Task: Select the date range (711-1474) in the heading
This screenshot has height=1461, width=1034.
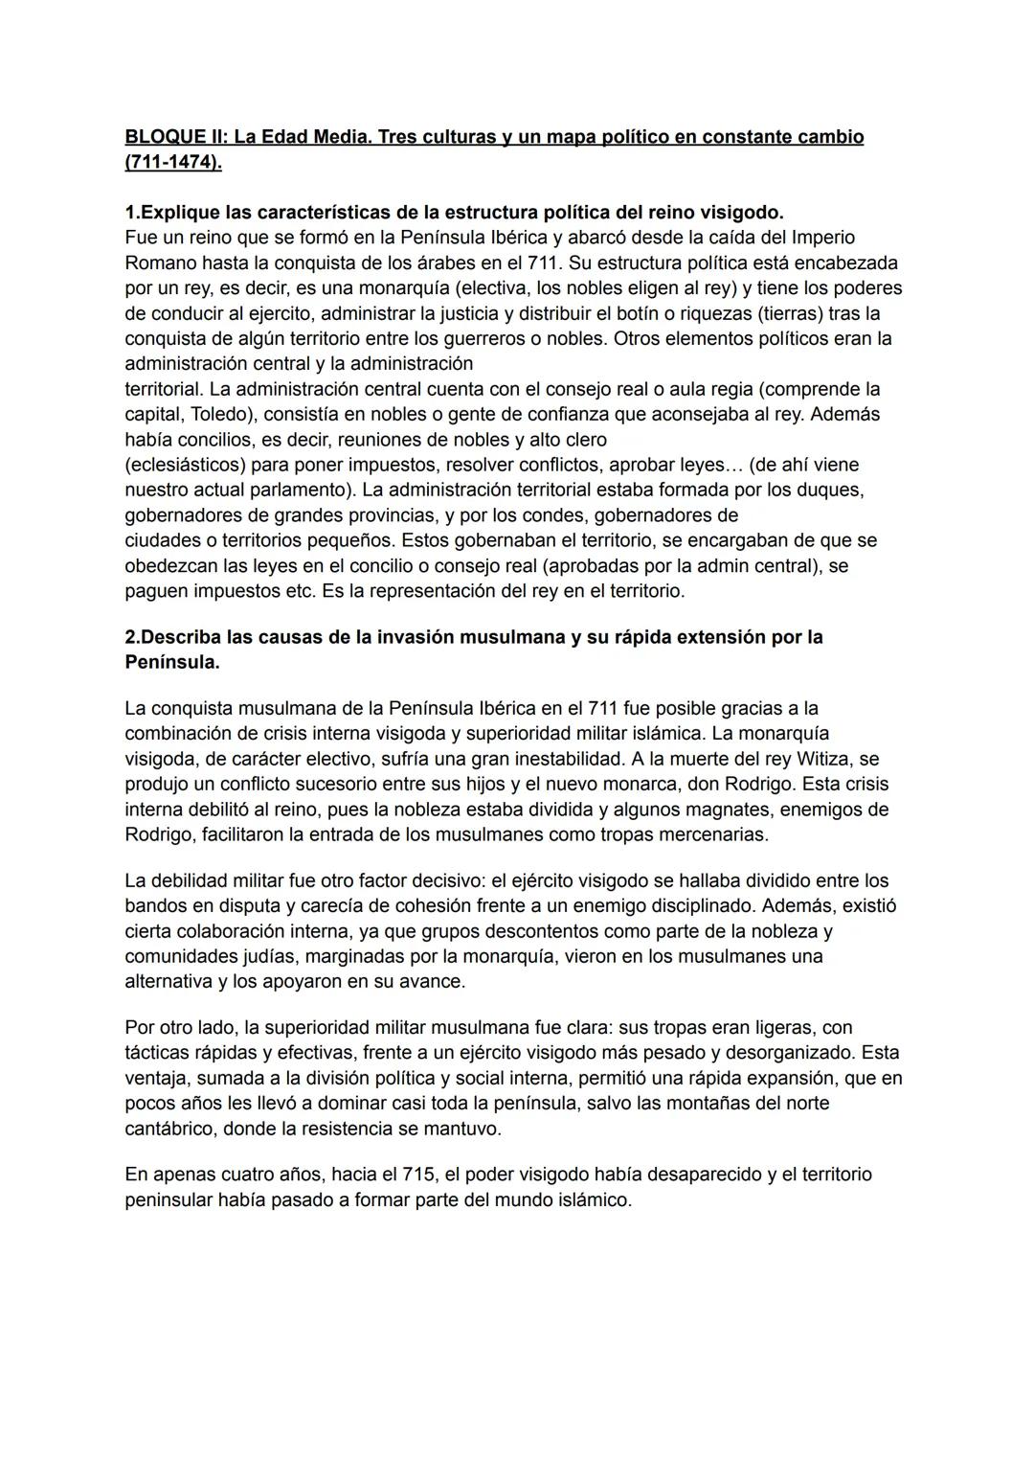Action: (x=172, y=162)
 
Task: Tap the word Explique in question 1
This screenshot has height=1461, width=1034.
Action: (x=180, y=212)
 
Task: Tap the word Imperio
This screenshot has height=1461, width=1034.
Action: (x=820, y=237)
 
